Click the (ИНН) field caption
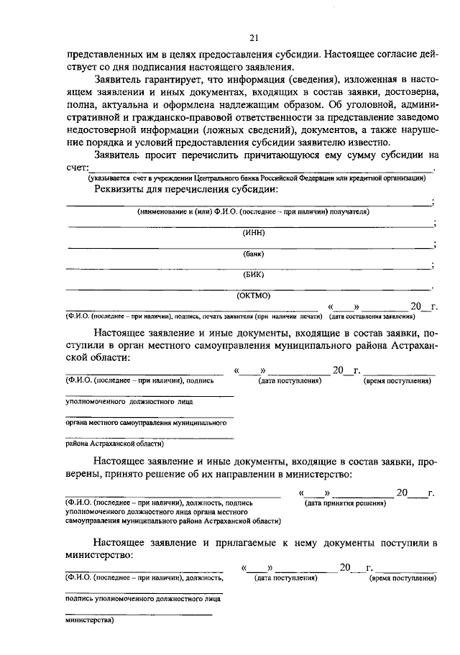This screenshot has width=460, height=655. click(x=253, y=232)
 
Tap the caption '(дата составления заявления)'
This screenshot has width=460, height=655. click(x=372, y=316)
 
